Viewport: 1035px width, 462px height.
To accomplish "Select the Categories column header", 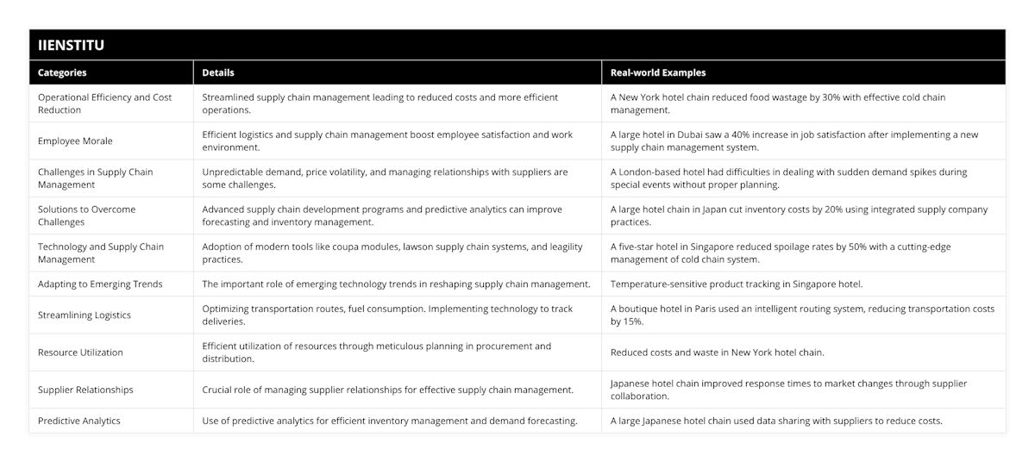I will click(62, 73).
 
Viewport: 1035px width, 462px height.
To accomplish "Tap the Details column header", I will click(218, 73).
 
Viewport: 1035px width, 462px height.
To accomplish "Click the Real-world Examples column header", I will click(659, 73).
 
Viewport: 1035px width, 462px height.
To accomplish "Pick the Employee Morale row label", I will click(75, 140).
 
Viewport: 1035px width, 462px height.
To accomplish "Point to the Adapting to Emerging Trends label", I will click(100, 284).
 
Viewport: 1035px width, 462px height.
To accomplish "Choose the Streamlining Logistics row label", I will click(85, 315).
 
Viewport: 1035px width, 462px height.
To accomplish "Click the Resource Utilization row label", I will click(80, 352).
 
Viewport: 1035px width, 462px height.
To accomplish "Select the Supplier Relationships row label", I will click(85, 390).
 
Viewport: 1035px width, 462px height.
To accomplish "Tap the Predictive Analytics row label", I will click(79, 421).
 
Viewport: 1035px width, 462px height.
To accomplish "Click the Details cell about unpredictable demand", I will click(385, 178).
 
